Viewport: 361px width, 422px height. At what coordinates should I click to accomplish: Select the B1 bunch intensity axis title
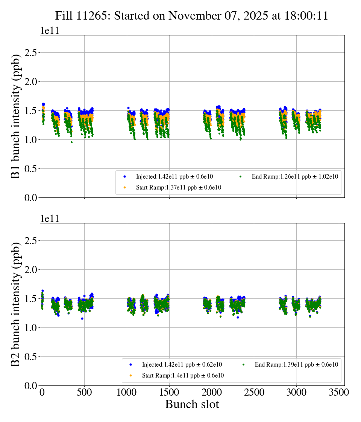pos(15,116)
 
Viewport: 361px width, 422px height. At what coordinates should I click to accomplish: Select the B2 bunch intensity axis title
pos(15,304)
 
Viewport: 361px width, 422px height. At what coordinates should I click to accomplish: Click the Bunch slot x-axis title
pos(192,404)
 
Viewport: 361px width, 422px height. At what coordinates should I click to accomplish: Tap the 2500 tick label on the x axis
pos(254,392)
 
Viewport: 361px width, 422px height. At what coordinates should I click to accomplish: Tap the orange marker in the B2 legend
pos(130,376)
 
